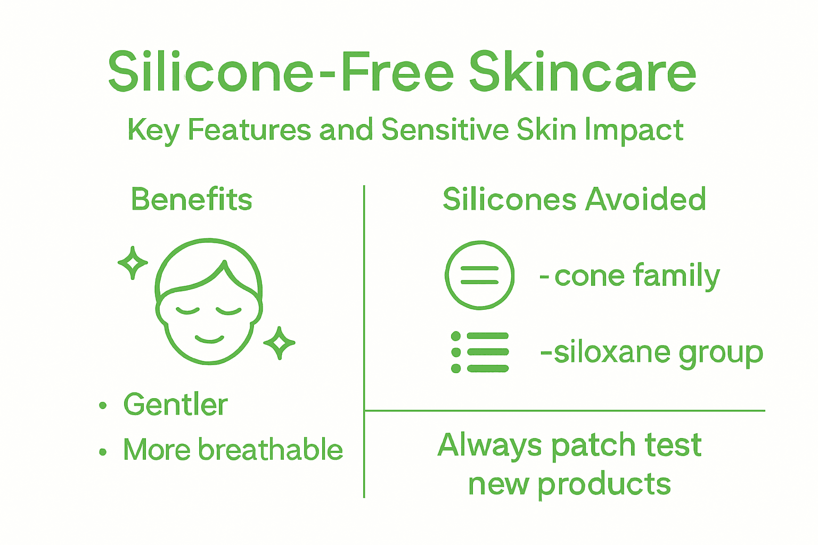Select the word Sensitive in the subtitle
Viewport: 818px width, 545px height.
(x=445, y=130)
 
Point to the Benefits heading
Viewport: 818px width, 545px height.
(x=192, y=200)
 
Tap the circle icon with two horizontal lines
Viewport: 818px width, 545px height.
(x=479, y=275)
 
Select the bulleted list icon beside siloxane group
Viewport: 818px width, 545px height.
(x=480, y=352)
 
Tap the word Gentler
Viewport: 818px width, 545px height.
(x=176, y=404)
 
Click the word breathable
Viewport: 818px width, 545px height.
(x=271, y=450)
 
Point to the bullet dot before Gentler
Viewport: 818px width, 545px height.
(x=103, y=406)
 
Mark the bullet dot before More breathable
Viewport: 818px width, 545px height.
(x=103, y=452)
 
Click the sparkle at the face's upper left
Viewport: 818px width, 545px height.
(x=133, y=262)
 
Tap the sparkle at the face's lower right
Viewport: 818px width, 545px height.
(x=279, y=343)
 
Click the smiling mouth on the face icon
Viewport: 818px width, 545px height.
(x=209, y=338)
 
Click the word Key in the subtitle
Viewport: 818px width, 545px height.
(x=153, y=131)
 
